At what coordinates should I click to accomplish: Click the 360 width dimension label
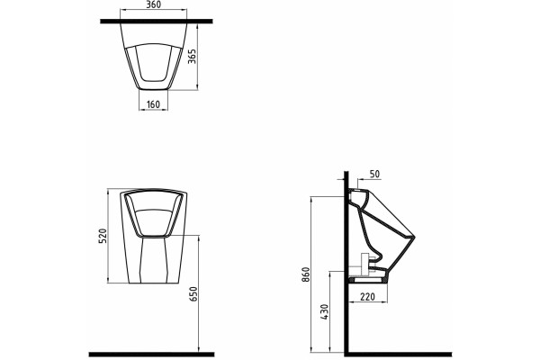point(153,4)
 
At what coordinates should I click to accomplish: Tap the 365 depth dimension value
point(192,56)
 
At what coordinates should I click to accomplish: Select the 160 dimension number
point(153,104)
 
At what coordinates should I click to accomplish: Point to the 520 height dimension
point(103,236)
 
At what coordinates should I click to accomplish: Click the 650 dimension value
point(193,294)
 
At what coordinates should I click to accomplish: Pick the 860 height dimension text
point(306,274)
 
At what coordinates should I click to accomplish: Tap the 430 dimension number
point(325,312)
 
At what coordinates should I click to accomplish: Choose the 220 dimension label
point(367,296)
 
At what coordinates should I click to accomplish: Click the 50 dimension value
point(374,175)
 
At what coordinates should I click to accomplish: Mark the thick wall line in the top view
point(157,22)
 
